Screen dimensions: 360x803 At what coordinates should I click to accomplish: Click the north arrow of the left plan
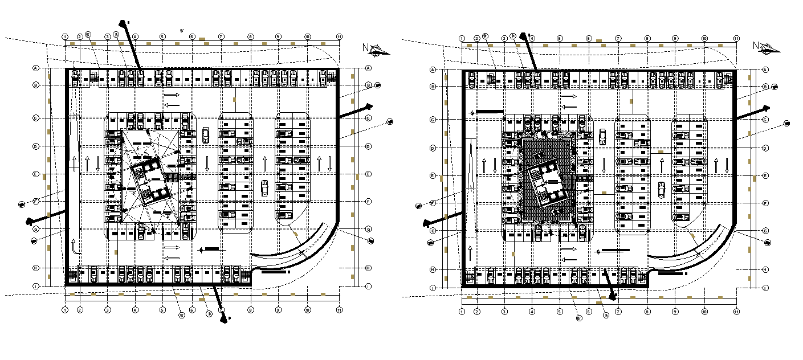pyautogui.click(x=376, y=51)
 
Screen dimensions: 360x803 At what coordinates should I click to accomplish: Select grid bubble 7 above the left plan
pyautogui.click(x=221, y=37)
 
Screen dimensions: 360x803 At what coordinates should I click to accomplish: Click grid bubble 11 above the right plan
pyautogui.click(x=736, y=38)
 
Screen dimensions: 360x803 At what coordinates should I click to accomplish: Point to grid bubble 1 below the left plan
pyautogui.click(x=65, y=310)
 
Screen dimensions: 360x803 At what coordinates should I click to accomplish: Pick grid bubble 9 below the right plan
pyautogui.click(x=675, y=312)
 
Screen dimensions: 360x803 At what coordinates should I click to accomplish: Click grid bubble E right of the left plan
pyautogui.click(x=368, y=174)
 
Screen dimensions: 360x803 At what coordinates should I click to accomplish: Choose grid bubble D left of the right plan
pyautogui.click(x=433, y=148)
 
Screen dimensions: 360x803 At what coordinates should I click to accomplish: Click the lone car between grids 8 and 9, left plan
pyautogui.click(x=264, y=188)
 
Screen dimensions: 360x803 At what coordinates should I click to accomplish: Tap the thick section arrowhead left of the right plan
pyautogui.click(x=426, y=224)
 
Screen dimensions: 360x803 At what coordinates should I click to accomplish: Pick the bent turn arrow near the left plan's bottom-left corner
pyautogui.click(x=75, y=246)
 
